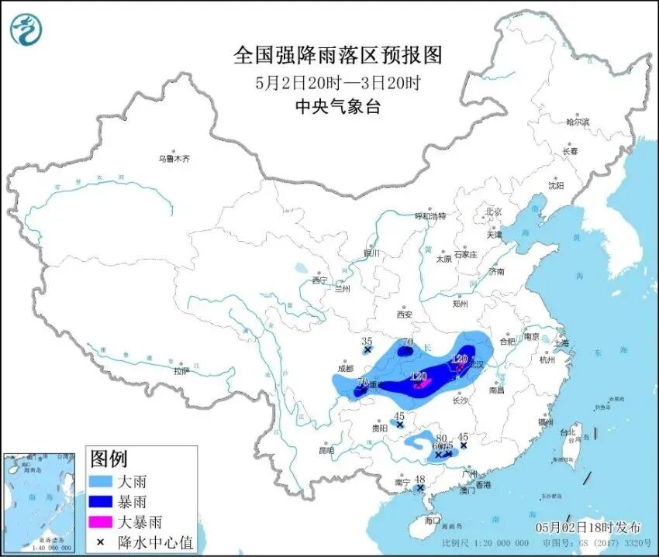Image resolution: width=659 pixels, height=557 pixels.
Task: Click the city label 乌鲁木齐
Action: coord(174,159)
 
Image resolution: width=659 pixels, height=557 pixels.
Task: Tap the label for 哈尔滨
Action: coord(578,122)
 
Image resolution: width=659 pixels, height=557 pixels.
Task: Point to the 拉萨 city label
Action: coord(181,371)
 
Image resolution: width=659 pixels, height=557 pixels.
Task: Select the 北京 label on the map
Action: coord(494,211)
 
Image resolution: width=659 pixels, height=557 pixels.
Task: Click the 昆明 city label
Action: coord(326,450)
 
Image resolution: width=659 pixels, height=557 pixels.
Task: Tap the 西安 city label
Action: coord(404,315)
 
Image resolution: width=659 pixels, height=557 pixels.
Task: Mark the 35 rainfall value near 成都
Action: coord(367,341)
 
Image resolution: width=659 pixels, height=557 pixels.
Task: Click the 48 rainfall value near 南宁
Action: coord(420,479)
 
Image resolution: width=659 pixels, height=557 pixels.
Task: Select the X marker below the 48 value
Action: coord(420,488)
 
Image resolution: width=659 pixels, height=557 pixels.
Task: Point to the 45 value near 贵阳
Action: coord(399,416)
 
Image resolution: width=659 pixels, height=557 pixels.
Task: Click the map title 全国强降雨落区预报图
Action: coord(337,56)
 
